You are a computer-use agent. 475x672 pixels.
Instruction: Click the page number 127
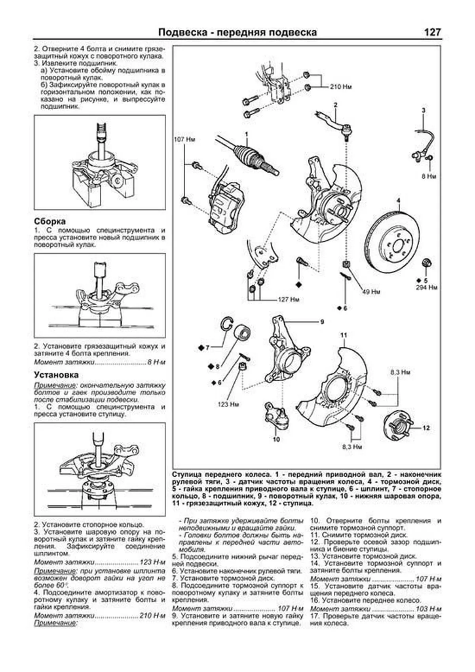pyautogui.click(x=432, y=32)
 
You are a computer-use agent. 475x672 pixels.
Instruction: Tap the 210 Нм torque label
pyautogui.click(x=340, y=87)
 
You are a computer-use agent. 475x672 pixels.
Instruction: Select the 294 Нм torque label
pyautogui.click(x=426, y=287)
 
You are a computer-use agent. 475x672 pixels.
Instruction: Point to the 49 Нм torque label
pyautogui.click(x=371, y=292)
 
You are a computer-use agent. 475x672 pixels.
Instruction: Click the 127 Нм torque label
pyautogui.click(x=288, y=299)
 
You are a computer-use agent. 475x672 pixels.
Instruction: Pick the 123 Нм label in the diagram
pyautogui.click(x=228, y=404)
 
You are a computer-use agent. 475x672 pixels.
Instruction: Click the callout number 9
pyautogui.click(x=322, y=322)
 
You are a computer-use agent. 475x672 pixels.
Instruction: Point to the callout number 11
pyautogui.click(x=344, y=335)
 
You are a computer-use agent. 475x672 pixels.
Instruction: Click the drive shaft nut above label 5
pyautogui.click(x=427, y=263)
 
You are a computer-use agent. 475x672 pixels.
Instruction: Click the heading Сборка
pyautogui.click(x=49, y=221)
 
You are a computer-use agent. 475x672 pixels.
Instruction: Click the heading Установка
pyautogui.click(x=56, y=375)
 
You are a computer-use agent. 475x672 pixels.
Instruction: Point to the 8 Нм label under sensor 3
pyautogui.click(x=429, y=177)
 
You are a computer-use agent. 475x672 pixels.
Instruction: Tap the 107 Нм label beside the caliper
pyautogui.click(x=184, y=139)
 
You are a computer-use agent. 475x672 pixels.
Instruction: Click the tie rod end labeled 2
pyautogui.click(x=336, y=122)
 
